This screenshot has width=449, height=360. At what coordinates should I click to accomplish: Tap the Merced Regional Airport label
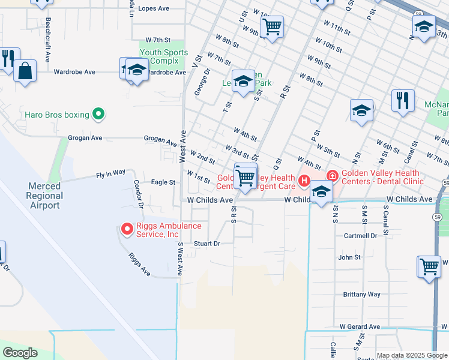[44, 196]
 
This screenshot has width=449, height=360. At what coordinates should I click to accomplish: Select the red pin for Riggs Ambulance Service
[127, 229]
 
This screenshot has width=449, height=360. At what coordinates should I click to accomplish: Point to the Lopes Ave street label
[154, 8]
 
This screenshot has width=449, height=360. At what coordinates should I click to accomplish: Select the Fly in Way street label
[110, 174]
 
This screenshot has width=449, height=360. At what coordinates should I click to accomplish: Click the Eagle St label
[163, 182]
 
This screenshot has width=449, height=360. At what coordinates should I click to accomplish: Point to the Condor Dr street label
[137, 194]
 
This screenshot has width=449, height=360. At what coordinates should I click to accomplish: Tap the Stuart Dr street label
[207, 244]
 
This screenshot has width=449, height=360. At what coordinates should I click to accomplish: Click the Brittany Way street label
[361, 294]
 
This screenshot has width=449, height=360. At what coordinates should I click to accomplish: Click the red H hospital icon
[304, 181]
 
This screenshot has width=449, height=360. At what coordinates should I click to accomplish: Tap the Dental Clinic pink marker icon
[331, 176]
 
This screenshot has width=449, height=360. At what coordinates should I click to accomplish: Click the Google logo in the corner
[20, 352]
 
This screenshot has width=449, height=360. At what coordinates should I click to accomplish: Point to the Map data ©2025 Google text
[412, 355]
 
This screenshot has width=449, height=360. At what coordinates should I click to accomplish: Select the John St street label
[349, 257]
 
